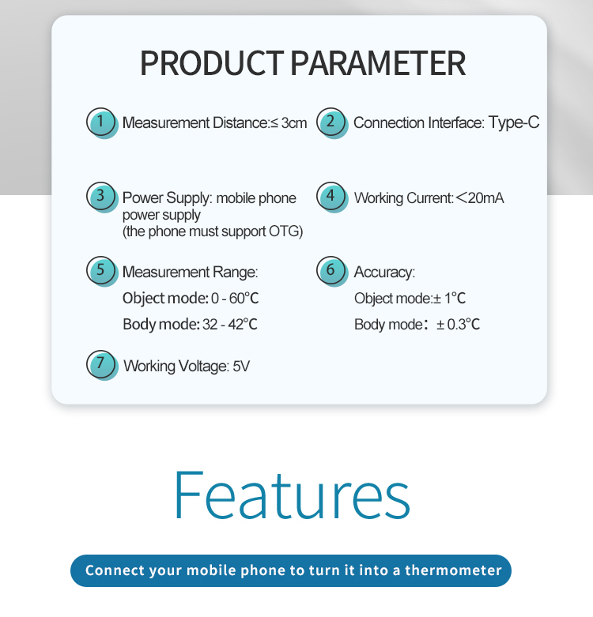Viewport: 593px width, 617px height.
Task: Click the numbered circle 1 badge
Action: click(102, 122)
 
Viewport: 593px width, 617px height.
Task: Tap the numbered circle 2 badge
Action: click(332, 122)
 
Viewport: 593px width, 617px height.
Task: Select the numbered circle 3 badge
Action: click(102, 198)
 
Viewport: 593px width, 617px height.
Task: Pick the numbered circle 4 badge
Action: click(332, 198)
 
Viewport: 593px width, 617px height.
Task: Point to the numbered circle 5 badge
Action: click(102, 272)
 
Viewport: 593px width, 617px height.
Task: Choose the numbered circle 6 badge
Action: click(332, 272)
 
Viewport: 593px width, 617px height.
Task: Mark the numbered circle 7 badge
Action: click(102, 365)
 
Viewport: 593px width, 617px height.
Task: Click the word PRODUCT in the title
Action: click(212, 63)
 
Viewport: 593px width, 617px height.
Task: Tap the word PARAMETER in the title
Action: click(379, 63)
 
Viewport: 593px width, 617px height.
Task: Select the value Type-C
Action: click(514, 122)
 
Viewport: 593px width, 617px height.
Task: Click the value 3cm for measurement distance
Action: click(294, 123)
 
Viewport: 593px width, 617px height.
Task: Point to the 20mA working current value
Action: click(480, 198)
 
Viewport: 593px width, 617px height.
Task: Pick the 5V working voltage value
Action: click(241, 367)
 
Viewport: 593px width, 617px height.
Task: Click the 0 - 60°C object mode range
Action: click(235, 299)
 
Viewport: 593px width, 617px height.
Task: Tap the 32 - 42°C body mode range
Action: click(230, 325)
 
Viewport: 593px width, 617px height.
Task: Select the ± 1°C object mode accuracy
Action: click(449, 299)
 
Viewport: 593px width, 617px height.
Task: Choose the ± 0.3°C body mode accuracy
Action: click(458, 325)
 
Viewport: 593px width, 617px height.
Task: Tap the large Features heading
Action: click(292, 495)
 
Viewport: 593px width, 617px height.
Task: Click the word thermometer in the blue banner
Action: click(453, 570)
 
